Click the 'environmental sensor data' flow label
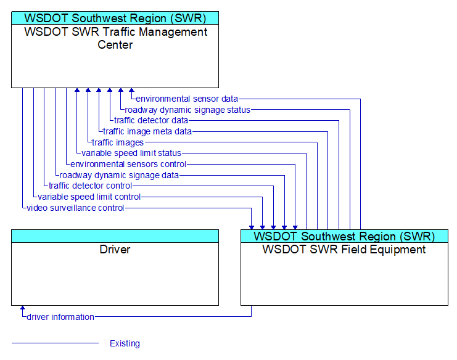(x=187, y=99)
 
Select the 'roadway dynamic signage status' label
(x=187, y=110)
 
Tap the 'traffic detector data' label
(x=151, y=120)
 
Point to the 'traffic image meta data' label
(x=147, y=131)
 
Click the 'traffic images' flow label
(x=118, y=142)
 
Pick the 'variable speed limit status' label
(x=131, y=153)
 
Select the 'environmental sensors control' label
(x=128, y=164)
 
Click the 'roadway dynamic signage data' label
(x=119, y=175)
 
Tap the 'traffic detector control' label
(x=90, y=186)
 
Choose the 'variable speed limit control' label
(x=89, y=197)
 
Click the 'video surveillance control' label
(x=75, y=208)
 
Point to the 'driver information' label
(x=60, y=317)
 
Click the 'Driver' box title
(x=115, y=249)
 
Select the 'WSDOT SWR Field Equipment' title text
(x=344, y=250)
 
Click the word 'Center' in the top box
(x=115, y=45)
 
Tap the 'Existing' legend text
(x=125, y=343)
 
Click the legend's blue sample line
(x=55, y=343)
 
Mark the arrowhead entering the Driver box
(x=22, y=308)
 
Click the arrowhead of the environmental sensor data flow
(x=132, y=90)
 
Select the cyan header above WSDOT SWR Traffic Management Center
(x=115, y=18)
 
